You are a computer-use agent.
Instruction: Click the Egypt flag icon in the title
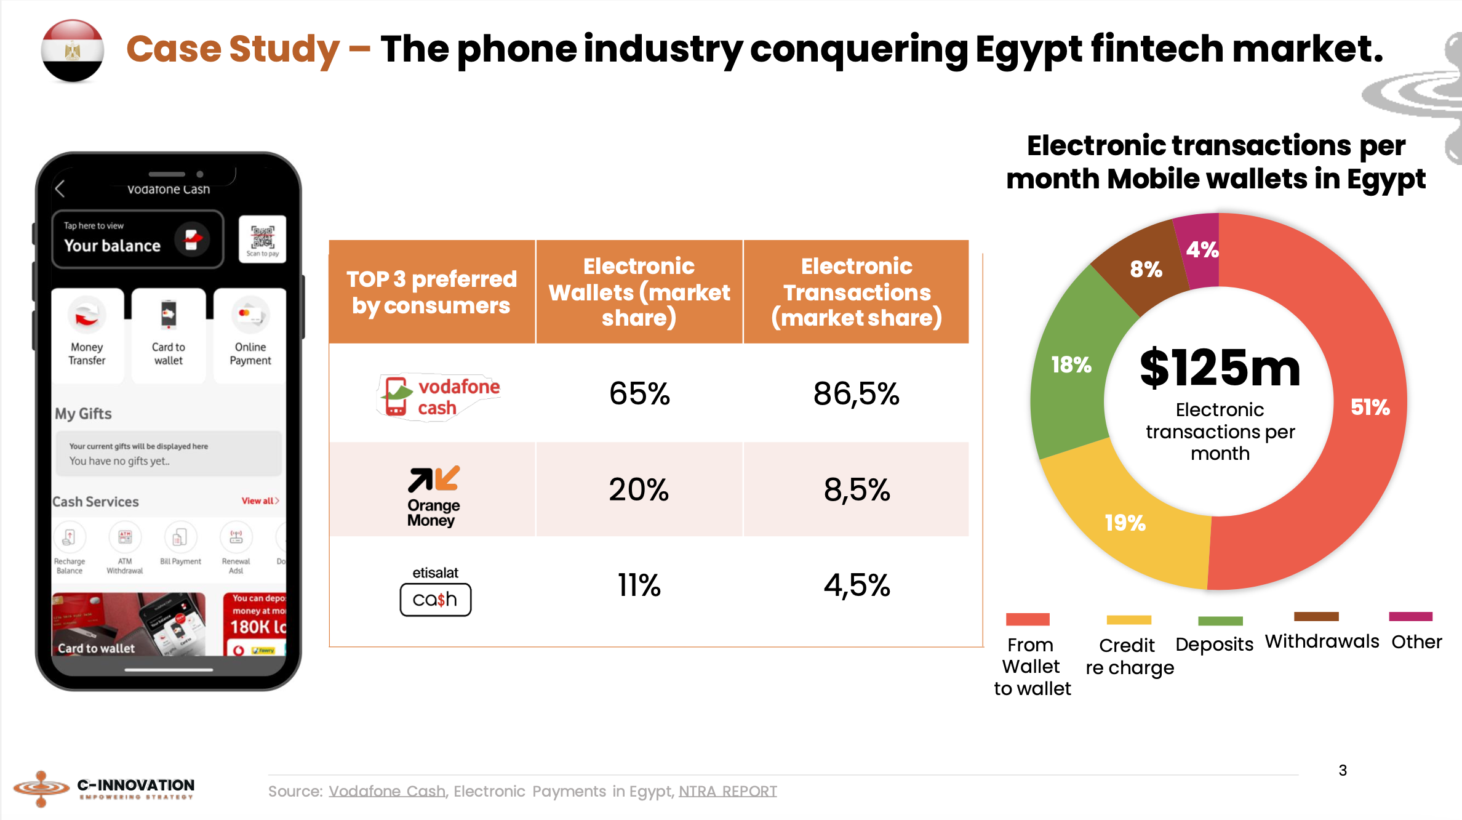click(x=73, y=50)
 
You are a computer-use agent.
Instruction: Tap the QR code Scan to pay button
click(x=263, y=239)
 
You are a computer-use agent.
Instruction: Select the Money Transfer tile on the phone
click(x=87, y=335)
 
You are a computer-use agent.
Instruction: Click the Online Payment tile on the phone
click(x=250, y=335)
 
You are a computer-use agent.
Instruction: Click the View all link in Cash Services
click(x=260, y=500)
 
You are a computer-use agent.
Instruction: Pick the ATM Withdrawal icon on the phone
click(x=125, y=537)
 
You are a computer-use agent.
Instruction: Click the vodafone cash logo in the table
click(x=438, y=396)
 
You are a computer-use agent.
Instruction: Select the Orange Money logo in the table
click(x=433, y=496)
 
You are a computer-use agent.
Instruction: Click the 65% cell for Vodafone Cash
click(x=639, y=393)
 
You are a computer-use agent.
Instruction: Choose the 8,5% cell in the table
click(x=857, y=490)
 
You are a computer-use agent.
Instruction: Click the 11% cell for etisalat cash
click(x=639, y=585)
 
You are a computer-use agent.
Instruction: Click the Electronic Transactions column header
click(x=857, y=292)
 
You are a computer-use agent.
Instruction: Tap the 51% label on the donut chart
click(x=1370, y=407)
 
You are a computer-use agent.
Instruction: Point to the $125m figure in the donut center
click(x=1220, y=368)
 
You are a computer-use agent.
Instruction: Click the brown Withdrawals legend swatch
click(x=1316, y=616)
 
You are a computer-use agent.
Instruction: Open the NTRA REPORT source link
click(x=727, y=791)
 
